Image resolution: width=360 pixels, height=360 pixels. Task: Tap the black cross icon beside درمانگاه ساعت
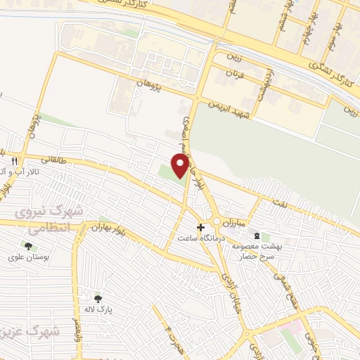tap(201, 227)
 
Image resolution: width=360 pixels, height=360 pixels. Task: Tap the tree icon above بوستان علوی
tap(28, 246)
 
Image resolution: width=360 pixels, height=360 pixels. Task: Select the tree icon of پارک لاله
tap(98, 298)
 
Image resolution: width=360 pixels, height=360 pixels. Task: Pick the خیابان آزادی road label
tap(229, 288)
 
